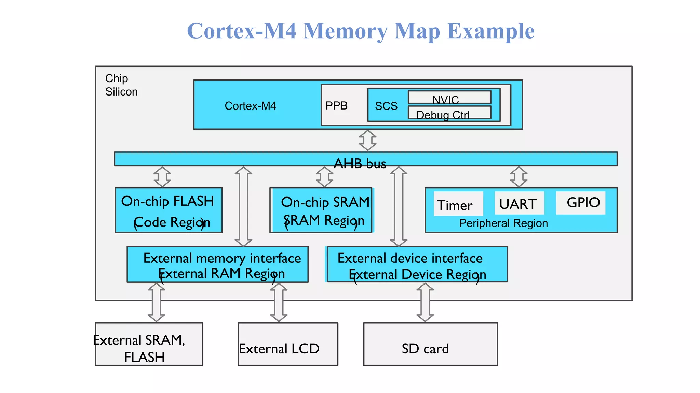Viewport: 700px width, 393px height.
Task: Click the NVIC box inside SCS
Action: tap(449, 97)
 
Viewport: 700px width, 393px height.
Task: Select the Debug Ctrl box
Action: tap(449, 113)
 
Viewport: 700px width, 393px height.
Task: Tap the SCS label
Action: tap(386, 106)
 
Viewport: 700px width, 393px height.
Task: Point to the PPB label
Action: tap(336, 106)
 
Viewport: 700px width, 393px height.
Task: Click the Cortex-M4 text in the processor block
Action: tap(250, 106)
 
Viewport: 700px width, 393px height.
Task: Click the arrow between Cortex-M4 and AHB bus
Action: tap(368, 140)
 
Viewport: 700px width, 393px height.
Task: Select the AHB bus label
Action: tap(360, 163)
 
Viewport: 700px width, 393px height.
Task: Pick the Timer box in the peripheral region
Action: tap(458, 204)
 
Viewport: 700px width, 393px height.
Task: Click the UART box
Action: tap(519, 203)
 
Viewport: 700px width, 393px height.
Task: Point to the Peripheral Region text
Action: tap(503, 223)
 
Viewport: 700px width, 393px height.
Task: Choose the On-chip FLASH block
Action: tap(169, 210)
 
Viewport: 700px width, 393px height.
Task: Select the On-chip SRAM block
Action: tap(321, 210)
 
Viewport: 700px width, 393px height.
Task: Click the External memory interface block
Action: tap(218, 264)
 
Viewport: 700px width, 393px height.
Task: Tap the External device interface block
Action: tap(417, 264)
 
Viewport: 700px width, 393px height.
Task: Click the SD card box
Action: tap(430, 344)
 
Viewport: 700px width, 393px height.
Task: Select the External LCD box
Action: tap(288, 344)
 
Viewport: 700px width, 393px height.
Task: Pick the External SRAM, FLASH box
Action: tap(149, 344)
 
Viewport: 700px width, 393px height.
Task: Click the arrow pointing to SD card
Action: tap(425, 303)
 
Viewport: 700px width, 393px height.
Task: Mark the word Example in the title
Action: tap(491, 31)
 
